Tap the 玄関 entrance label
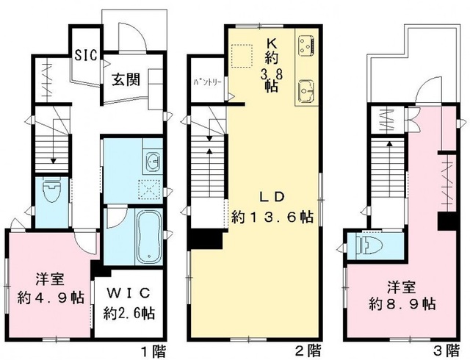tap(127, 80)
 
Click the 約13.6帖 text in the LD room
tap(273, 217)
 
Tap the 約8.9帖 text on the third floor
tap(403, 302)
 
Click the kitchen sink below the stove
tap(306, 93)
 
